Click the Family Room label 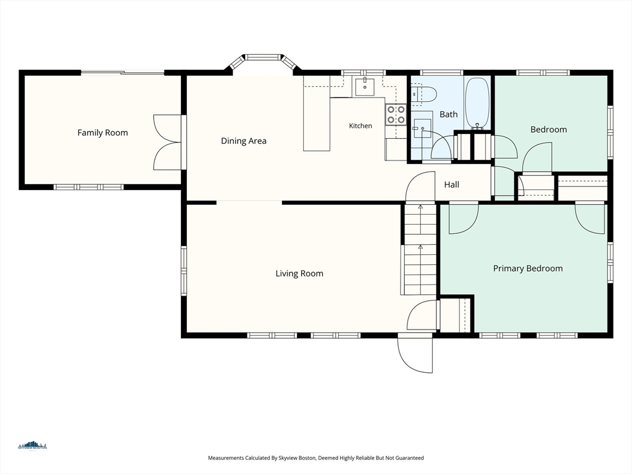tap(102, 133)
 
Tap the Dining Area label tap(243, 141)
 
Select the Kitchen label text tap(360, 126)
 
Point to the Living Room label tap(299, 273)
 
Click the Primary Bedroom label tap(528, 268)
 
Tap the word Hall tap(451, 185)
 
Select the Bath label tap(448, 114)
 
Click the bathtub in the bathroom tap(477, 103)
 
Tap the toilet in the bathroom tap(423, 94)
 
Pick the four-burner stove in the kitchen tap(396, 114)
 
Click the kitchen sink tap(365, 87)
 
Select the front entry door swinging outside tap(415, 352)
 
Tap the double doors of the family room tap(167, 143)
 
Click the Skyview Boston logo tap(32, 446)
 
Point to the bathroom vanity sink tap(422, 128)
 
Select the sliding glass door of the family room tap(123, 73)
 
